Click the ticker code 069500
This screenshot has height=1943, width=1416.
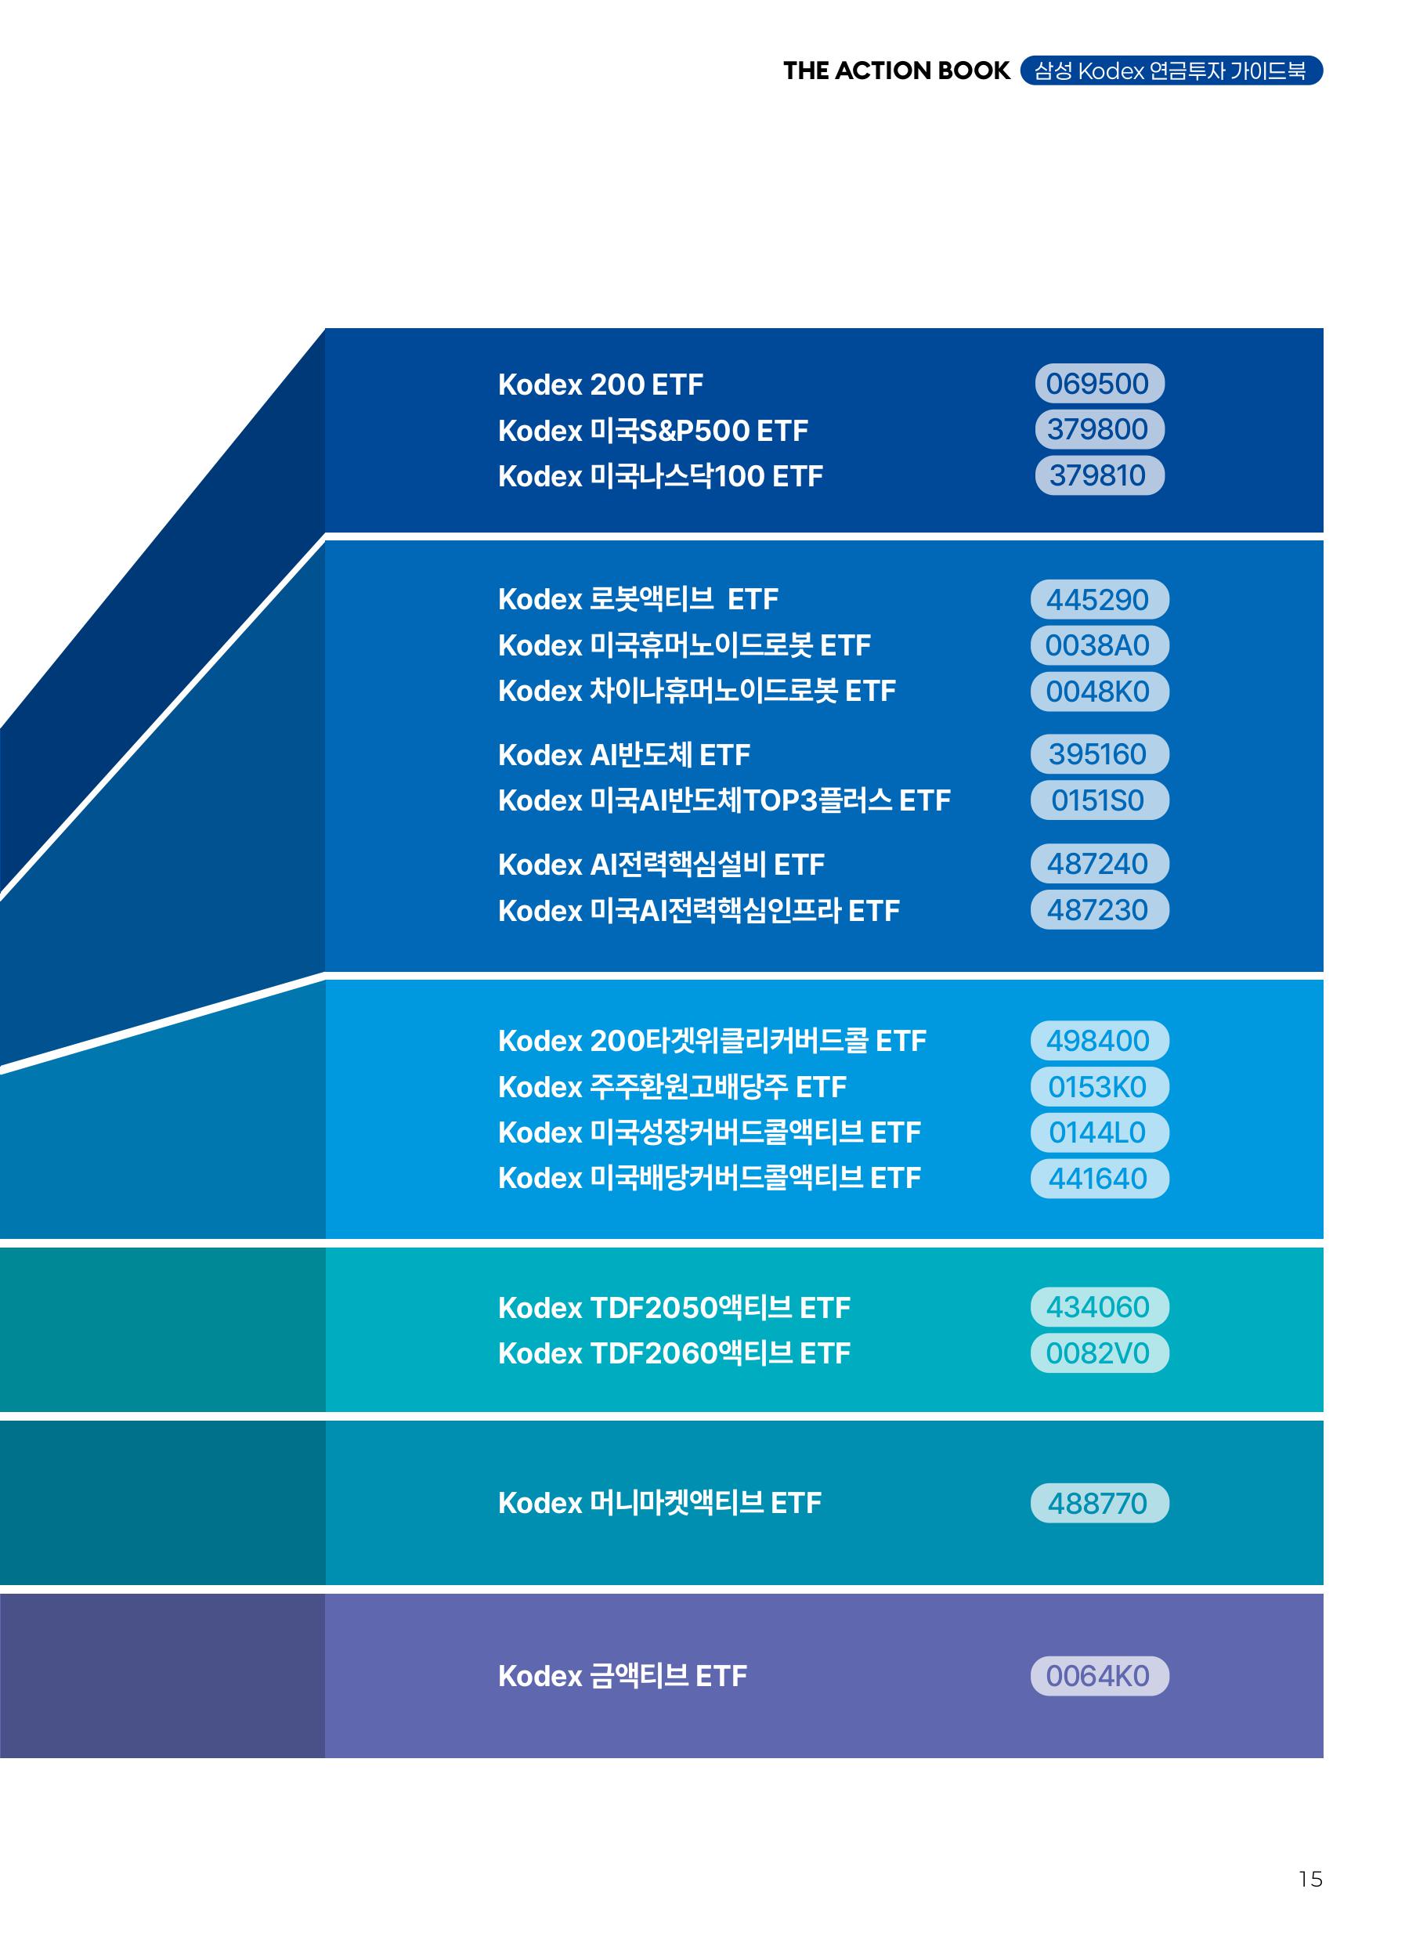click(x=1099, y=383)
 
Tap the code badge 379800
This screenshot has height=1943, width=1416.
click(x=1099, y=429)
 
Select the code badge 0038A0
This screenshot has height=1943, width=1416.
click(x=1099, y=645)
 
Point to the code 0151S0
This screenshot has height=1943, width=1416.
click(x=1099, y=800)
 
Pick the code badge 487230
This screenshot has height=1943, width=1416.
click(x=1099, y=910)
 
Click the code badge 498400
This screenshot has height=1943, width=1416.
click(x=1099, y=1041)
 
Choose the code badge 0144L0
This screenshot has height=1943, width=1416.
click(x=1099, y=1133)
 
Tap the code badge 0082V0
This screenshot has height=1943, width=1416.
click(x=1099, y=1353)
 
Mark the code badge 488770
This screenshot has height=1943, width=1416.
click(x=1099, y=1504)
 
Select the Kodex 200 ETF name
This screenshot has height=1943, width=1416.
click(x=600, y=385)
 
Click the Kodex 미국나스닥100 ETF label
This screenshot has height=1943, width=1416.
click(x=660, y=476)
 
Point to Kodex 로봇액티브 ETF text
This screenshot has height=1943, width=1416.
click(x=638, y=599)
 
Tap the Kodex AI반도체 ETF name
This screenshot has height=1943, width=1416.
click(x=623, y=755)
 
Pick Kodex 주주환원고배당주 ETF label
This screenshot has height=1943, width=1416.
click(x=671, y=1087)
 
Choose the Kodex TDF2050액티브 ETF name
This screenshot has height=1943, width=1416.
click(x=674, y=1308)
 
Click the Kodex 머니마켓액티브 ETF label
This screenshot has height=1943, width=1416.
click(x=659, y=1504)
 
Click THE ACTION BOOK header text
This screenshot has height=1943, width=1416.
click(x=896, y=71)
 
